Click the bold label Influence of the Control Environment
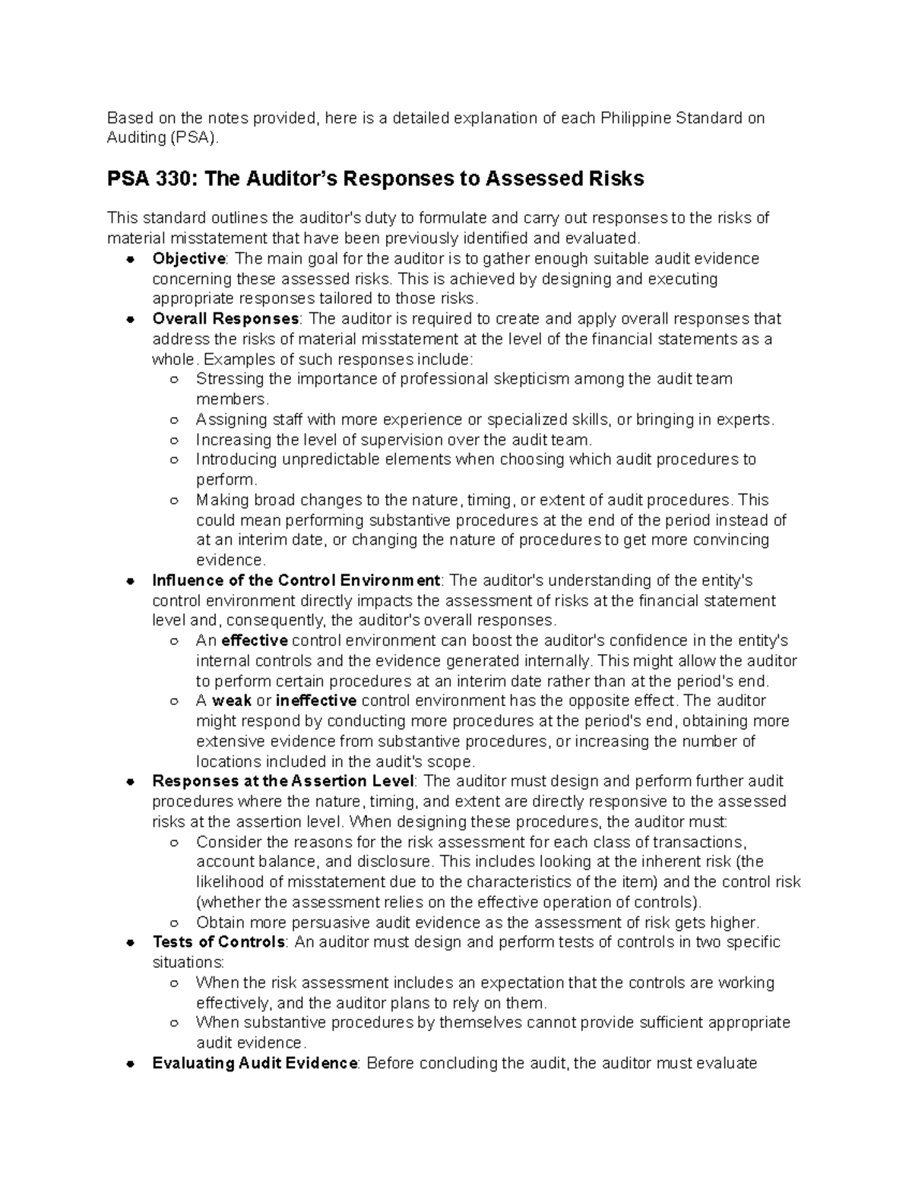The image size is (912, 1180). pos(296,581)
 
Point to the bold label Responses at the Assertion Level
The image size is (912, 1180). pos(283,781)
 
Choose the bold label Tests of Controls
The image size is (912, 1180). pos(219,942)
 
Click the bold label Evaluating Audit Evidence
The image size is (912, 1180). pos(255,1063)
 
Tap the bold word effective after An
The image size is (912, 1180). pos(254,641)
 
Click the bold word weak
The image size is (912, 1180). pos(232,701)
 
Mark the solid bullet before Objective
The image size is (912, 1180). pos(131,259)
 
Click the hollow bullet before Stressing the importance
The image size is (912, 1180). pos(174,379)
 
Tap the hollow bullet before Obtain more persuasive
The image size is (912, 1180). pos(174,923)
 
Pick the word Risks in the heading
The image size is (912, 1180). pos(616,179)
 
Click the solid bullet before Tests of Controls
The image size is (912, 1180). pos(131,943)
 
